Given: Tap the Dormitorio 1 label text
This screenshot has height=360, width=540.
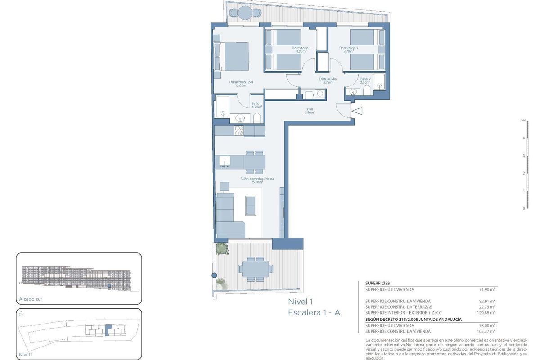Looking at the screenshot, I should (301, 49).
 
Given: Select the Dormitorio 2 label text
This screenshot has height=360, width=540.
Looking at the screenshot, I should (349, 49).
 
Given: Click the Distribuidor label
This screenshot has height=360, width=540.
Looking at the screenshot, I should (328, 81).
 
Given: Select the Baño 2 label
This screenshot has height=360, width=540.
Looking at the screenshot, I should (365, 81).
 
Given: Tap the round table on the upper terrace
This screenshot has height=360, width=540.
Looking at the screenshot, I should (244, 13).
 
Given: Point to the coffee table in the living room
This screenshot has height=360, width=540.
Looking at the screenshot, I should (249, 205).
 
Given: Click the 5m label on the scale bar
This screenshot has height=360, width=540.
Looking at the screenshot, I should (523, 121).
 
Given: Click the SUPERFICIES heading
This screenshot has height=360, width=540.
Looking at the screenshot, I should (378, 283).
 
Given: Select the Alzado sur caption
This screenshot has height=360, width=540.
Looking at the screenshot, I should (30, 298).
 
